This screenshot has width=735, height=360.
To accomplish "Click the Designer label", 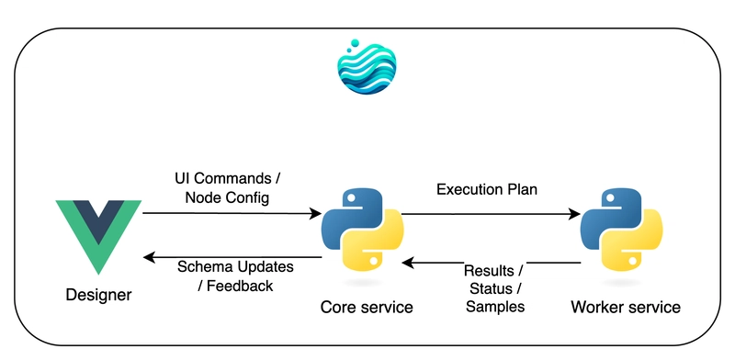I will point(98,295).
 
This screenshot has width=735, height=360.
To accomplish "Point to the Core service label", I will point(365,306).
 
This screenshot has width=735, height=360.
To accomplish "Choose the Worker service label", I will point(626,306).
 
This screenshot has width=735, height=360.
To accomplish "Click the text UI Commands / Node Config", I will point(221,187).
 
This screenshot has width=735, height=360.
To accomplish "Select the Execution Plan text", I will point(486,189).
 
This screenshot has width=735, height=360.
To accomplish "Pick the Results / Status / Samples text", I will point(494,289).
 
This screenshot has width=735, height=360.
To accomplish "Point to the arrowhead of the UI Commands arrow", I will point(314,214).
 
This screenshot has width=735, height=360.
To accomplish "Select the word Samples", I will point(494,307).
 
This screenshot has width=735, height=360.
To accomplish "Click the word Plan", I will point(521,189).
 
